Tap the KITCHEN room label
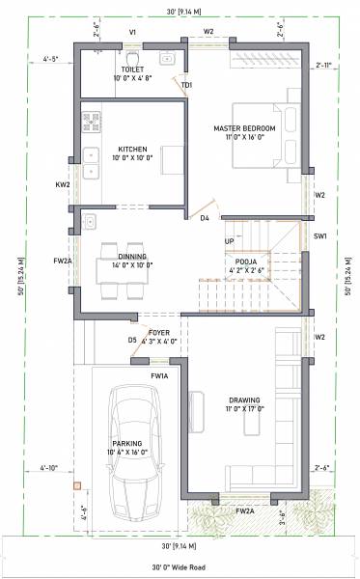click(x=132, y=150)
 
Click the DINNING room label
click(x=129, y=257)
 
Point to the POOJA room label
click(x=245, y=262)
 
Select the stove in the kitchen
click(x=95, y=123)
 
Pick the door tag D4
click(x=205, y=219)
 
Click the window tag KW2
click(x=63, y=184)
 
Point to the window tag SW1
click(x=320, y=236)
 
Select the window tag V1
click(x=132, y=32)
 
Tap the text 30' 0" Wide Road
click(x=180, y=568)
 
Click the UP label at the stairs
click(x=229, y=241)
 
